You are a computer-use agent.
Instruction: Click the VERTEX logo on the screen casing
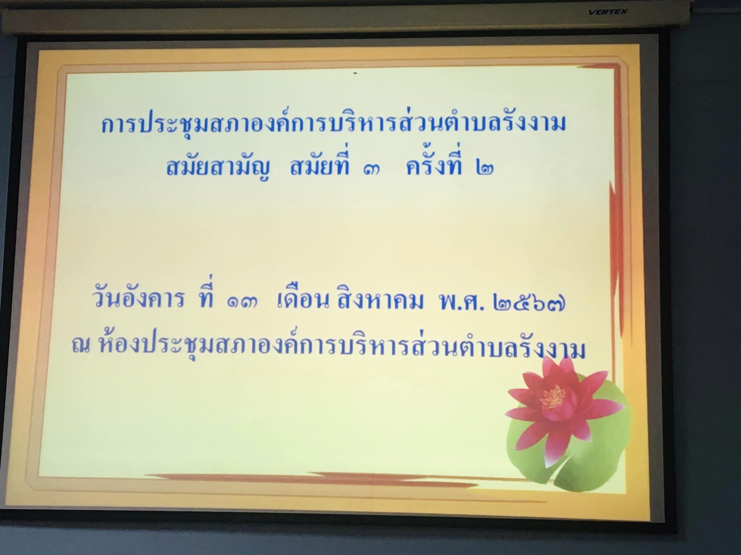click(x=608, y=12)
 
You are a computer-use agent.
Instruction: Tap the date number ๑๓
click(x=242, y=304)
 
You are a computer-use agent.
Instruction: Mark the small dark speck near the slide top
click(x=356, y=74)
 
